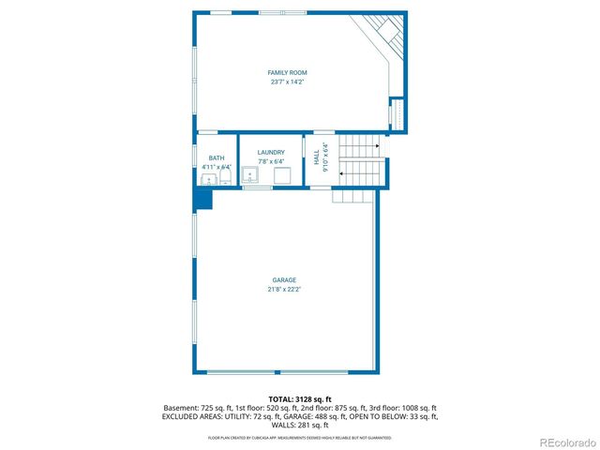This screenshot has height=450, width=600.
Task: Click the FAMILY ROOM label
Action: pyautogui.click(x=287, y=72)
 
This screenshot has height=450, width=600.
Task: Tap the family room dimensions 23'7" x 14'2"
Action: pyautogui.click(x=287, y=82)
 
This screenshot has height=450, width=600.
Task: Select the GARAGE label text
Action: pyautogui.click(x=284, y=280)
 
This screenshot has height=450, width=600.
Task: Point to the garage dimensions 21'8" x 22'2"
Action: pyautogui.click(x=284, y=290)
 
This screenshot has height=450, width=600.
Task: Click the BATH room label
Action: pyautogui.click(x=217, y=158)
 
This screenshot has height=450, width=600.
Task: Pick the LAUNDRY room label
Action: pyautogui.click(x=271, y=152)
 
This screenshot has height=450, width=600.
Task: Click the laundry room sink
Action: pyautogui.click(x=250, y=175)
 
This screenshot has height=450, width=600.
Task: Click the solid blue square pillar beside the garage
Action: pyautogui.click(x=203, y=199)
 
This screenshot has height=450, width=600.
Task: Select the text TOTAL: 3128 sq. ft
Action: pyautogui.click(x=299, y=399)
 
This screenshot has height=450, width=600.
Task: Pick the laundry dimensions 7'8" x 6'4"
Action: pyautogui.click(x=271, y=161)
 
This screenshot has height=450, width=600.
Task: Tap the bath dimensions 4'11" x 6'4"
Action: pyautogui.click(x=217, y=168)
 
